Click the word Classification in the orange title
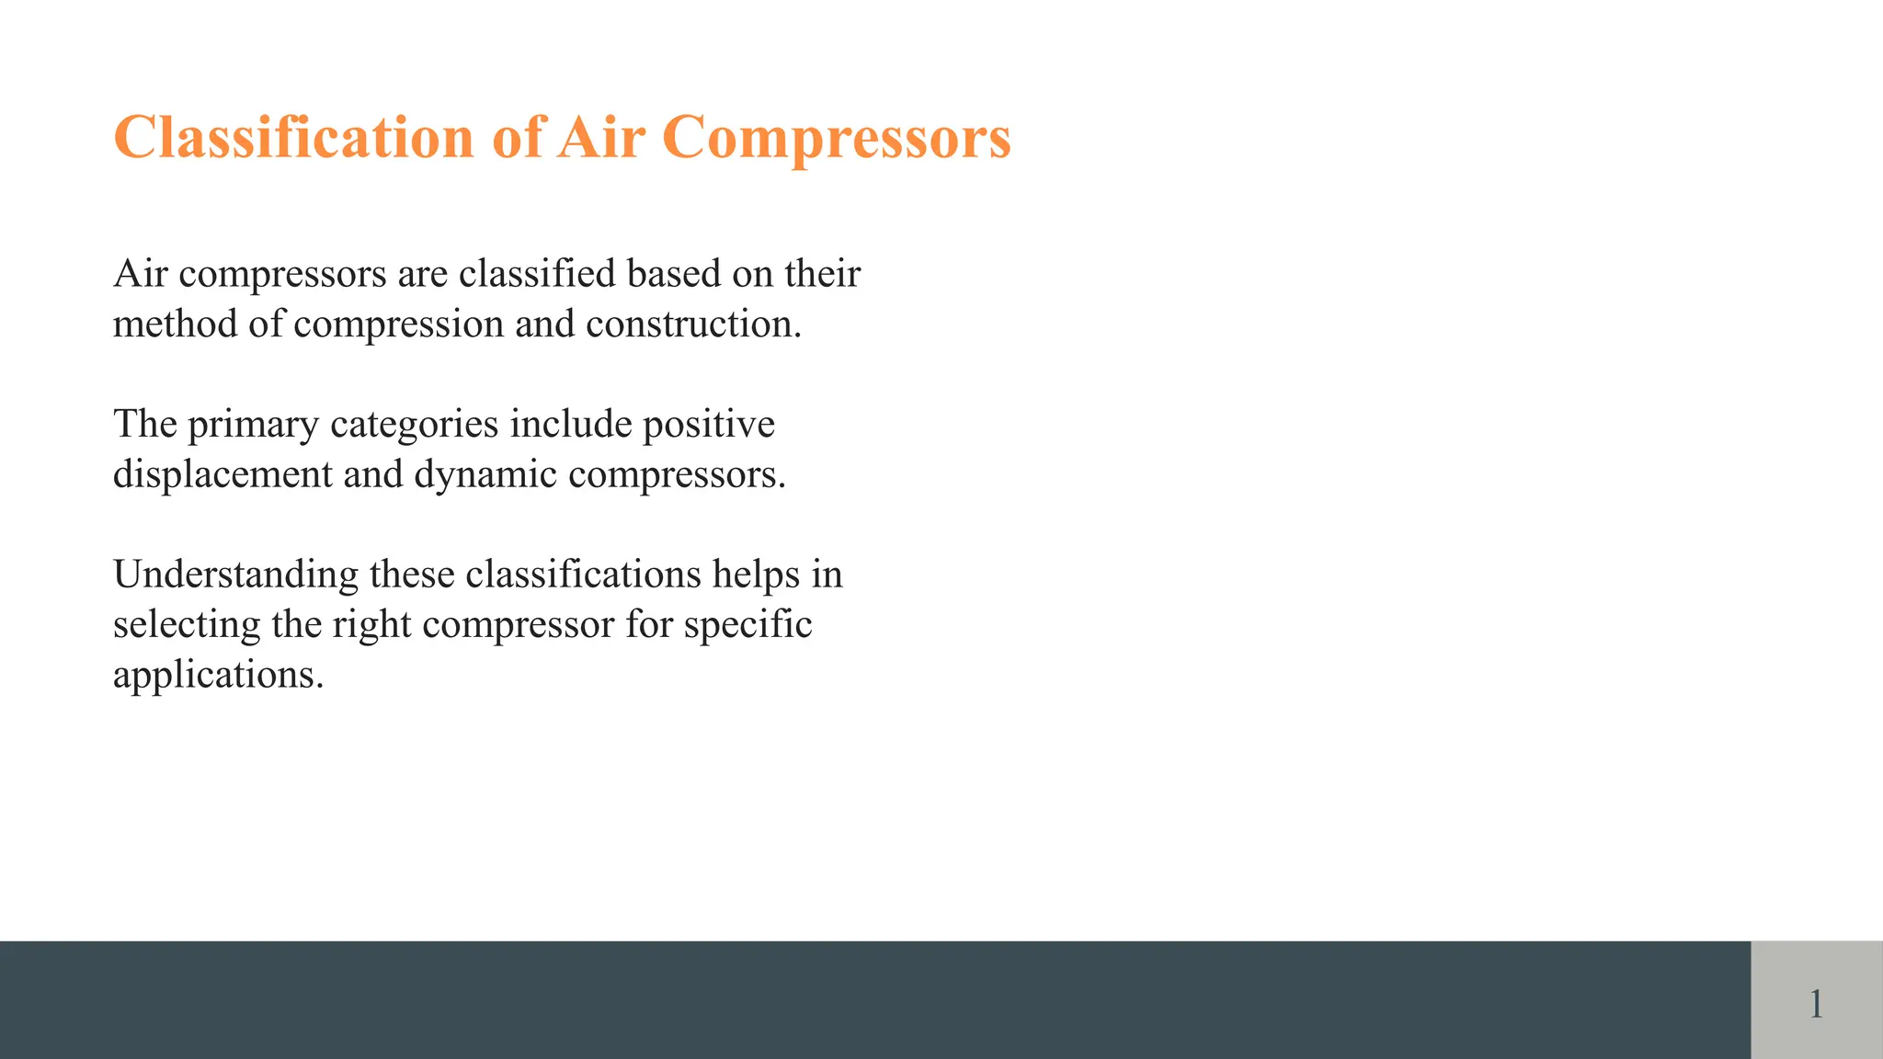coord(293,138)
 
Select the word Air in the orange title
coord(600,138)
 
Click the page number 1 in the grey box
coord(1816,1003)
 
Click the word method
coord(176,324)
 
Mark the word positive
coord(708,425)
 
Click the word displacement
coord(223,475)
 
